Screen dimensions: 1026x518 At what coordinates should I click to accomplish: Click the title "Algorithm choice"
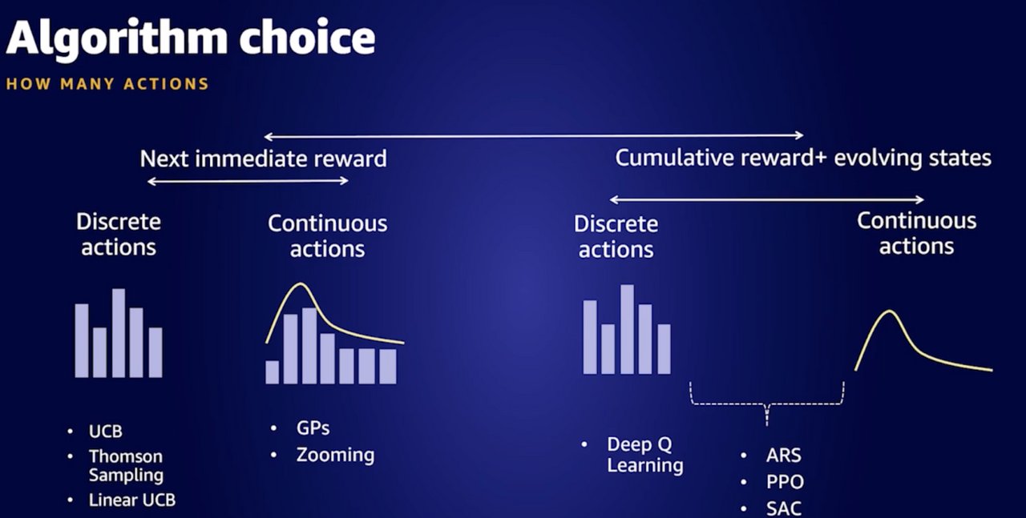click(x=191, y=39)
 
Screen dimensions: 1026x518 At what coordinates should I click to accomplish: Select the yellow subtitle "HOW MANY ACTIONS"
click(x=107, y=84)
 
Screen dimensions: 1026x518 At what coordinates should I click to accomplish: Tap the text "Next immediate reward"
click(x=264, y=159)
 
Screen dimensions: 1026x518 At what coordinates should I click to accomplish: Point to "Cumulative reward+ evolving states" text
click(x=803, y=158)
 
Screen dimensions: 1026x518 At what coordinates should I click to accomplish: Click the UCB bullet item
click(x=105, y=432)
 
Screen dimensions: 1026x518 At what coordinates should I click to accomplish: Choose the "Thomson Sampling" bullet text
click(x=126, y=465)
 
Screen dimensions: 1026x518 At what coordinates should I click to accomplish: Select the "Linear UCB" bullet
click(x=132, y=500)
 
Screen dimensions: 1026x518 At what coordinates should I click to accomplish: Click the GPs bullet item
click(x=313, y=428)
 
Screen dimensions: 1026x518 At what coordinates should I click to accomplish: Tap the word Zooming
click(x=335, y=456)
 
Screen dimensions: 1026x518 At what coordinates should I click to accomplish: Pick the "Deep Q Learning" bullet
click(x=645, y=455)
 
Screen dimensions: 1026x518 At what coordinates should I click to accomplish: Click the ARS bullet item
click(x=784, y=456)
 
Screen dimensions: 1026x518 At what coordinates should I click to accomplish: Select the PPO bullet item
click(x=785, y=482)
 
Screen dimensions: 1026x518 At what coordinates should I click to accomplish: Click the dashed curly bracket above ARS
click(x=767, y=404)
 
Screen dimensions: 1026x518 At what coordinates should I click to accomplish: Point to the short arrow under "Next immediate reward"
click(x=248, y=181)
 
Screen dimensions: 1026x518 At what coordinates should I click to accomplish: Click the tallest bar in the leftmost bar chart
click(x=119, y=333)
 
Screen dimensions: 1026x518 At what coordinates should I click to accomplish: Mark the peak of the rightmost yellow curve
click(x=890, y=311)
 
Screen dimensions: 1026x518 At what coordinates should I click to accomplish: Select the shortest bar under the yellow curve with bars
click(x=272, y=372)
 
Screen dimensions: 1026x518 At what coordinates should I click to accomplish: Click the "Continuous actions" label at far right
click(x=916, y=234)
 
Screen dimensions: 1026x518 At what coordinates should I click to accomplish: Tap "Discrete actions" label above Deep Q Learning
click(x=616, y=237)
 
